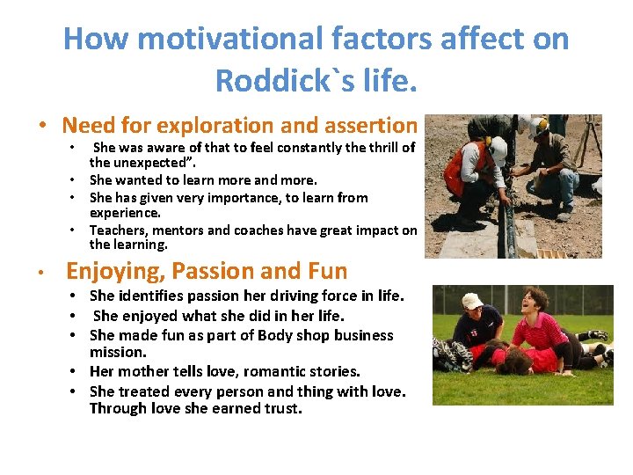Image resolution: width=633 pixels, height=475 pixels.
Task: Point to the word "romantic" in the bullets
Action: coord(274,371)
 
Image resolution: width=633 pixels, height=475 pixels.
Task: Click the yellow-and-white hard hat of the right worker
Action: coord(538,125)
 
